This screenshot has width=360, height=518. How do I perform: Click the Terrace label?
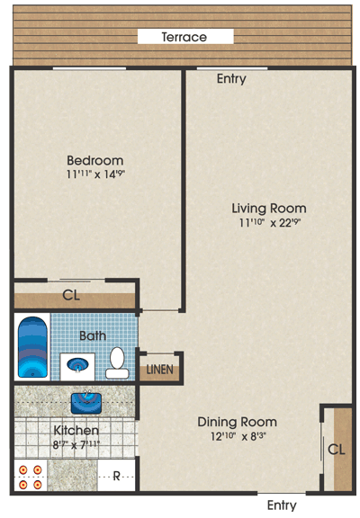coord(184,37)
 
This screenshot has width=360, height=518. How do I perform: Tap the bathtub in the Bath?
coord(32,347)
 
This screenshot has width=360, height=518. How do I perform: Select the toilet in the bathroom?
coord(117,362)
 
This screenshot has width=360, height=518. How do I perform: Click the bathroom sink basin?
coord(77,365)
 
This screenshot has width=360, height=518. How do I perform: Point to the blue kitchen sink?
coord(86,403)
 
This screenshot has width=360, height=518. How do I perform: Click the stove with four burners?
coord(31,477)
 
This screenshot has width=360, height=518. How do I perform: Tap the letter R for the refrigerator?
coord(116,477)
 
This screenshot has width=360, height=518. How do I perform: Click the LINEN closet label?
coord(159,370)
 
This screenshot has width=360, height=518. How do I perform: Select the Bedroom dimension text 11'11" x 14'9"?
coord(96,174)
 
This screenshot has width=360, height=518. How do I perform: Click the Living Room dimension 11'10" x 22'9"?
coord(268,222)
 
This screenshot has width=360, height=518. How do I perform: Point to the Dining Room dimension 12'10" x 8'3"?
coord(238,436)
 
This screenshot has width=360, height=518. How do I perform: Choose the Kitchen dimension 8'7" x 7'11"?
coord(76,444)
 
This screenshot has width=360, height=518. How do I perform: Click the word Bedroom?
coord(95,161)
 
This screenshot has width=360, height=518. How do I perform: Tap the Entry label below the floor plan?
coord(282,505)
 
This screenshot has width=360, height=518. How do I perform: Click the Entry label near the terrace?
coord(231,78)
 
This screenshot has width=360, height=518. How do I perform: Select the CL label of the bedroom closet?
coord(71,295)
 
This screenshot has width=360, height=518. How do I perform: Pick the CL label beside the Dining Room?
coord(337,450)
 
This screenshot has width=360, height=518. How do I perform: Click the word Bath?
coord(93,336)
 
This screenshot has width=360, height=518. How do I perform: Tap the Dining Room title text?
coord(237,422)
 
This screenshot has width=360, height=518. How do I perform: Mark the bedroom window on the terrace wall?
coord(89,68)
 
